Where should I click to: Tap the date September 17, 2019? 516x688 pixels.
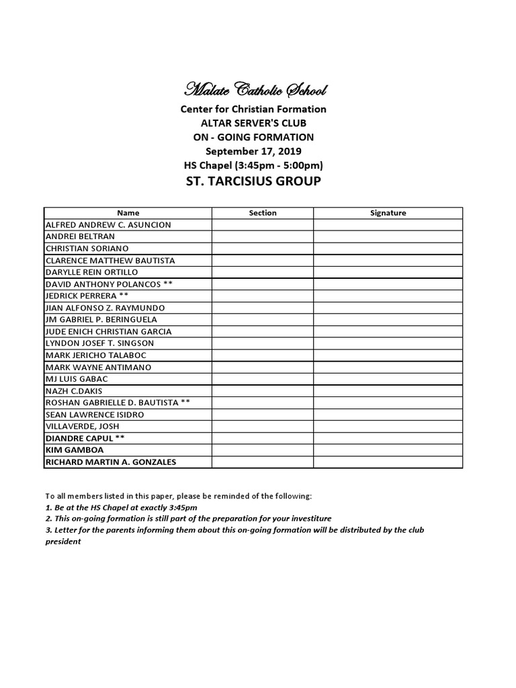click(x=253, y=151)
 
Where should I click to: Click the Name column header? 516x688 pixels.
click(x=128, y=213)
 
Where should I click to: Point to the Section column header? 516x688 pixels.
click(x=263, y=213)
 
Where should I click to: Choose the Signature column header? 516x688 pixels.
click(x=388, y=213)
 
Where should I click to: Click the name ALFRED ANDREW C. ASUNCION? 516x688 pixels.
click(x=108, y=225)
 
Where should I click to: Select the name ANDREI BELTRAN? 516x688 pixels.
click(x=80, y=236)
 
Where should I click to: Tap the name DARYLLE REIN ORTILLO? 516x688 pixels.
click(x=91, y=272)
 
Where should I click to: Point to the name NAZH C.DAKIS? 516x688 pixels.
click(x=73, y=390)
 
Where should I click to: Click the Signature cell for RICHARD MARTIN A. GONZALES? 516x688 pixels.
click(x=388, y=462)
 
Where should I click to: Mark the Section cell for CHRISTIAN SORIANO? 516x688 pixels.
click(x=263, y=249)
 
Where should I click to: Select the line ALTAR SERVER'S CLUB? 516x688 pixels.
click(x=253, y=123)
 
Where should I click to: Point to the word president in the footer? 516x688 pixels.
click(x=62, y=541)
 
